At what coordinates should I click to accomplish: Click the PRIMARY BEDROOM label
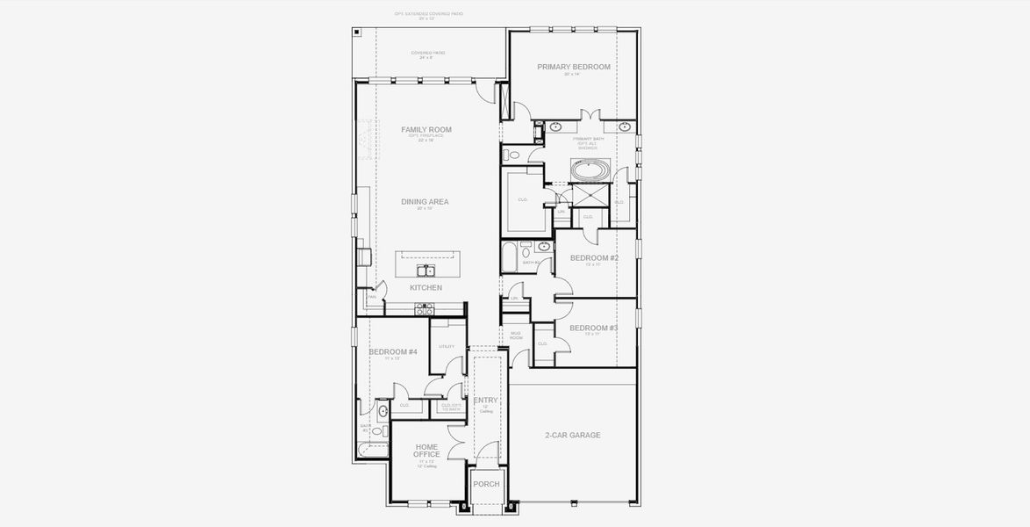pyautogui.click(x=574, y=67)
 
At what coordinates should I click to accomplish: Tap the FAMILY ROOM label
pyautogui.click(x=426, y=130)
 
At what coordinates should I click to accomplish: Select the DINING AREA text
pyautogui.click(x=425, y=202)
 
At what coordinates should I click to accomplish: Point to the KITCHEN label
pyautogui.click(x=426, y=288)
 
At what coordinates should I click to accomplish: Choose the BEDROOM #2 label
pyautogui.click(x=594, y=258)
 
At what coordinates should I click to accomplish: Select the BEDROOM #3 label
pyautogui.click(x=594, y=328)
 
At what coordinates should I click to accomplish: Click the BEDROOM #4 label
pyautogui.click(x=393, y=352)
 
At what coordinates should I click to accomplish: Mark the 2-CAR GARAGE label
pyautogui.click(x=573, y=435)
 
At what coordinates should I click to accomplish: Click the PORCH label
pyautogui.click(x=486, y=484)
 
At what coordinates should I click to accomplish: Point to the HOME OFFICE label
pyautogui.click(x=426, y=451)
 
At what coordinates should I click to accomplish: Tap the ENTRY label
pyautogui.click(x=486, y=401)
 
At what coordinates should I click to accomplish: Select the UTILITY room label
pyautogui.click(x=447, y=347)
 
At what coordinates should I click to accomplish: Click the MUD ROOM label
pyautogui.click(x=516, y=336)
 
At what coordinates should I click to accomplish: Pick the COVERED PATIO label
pyautogui.click(x=427, y=54)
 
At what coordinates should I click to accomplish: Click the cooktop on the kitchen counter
pyautogui.click(x=425, y=309)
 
